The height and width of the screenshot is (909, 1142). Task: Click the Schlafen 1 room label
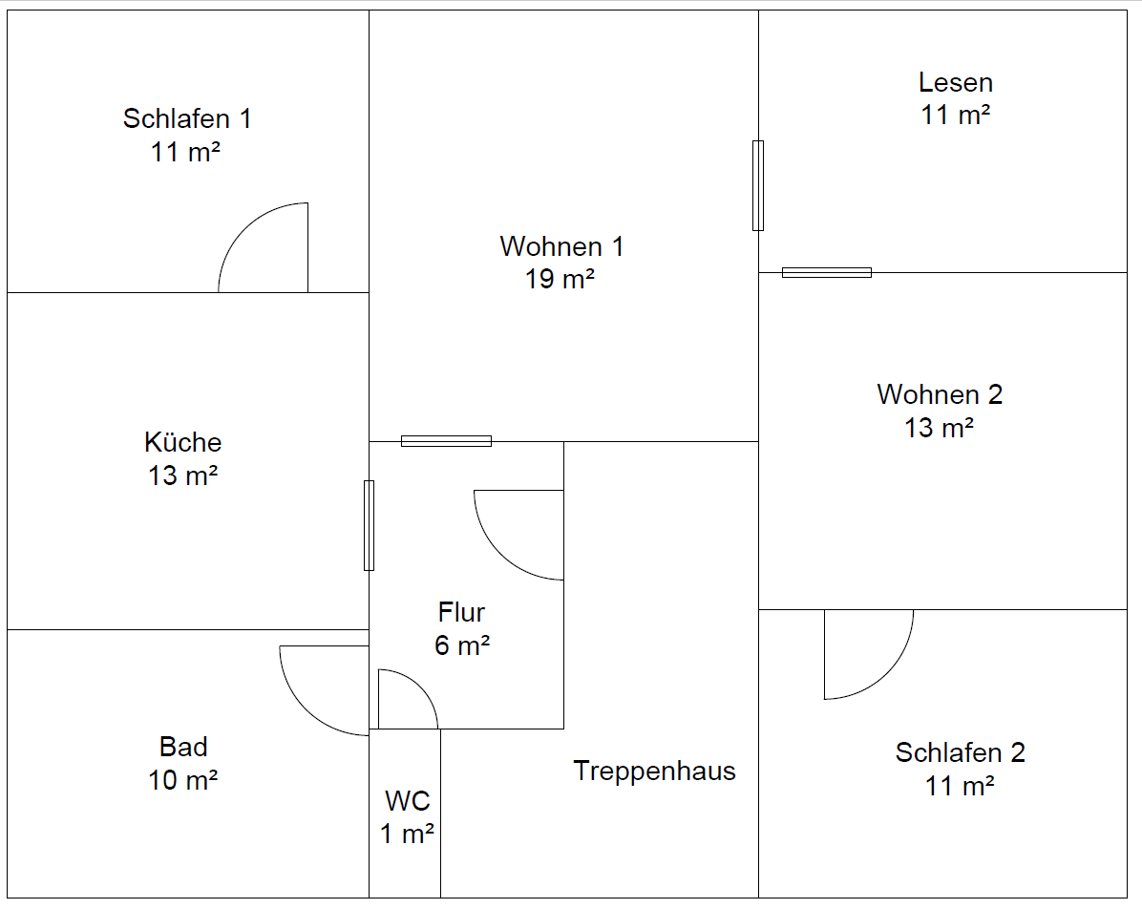point(187,119)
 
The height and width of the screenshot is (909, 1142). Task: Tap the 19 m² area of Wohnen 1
point(560,280)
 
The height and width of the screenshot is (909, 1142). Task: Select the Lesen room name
point(956,82)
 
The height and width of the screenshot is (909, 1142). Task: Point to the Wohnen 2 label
point(940,394)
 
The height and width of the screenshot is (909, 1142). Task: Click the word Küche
point(183,442)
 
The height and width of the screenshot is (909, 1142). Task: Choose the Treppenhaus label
point(654,771)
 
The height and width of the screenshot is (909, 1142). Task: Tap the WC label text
point(408,800)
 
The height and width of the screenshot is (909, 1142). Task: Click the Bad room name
point(183,747)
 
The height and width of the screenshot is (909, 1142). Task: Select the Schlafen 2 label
point(960,752)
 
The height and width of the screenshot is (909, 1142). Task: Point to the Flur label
point(462,612)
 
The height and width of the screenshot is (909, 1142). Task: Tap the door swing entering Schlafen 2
point(864,659)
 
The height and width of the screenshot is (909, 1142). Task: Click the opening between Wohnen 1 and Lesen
point(758,185)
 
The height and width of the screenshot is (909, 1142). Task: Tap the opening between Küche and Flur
point(369,525)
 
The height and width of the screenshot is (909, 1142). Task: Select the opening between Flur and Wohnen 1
point(446,441)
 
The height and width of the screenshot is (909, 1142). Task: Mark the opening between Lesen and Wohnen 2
point(827,273)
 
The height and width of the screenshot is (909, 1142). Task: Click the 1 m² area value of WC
point(408,834)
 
